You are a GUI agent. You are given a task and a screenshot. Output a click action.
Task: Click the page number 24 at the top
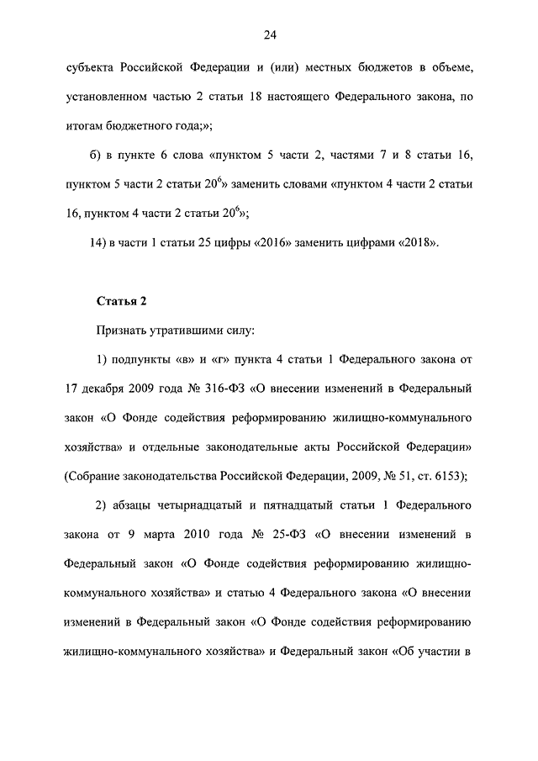click(269, 34)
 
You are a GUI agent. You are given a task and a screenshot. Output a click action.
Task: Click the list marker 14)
click(103, 243)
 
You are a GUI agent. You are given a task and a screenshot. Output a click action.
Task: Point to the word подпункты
click(139, 361)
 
